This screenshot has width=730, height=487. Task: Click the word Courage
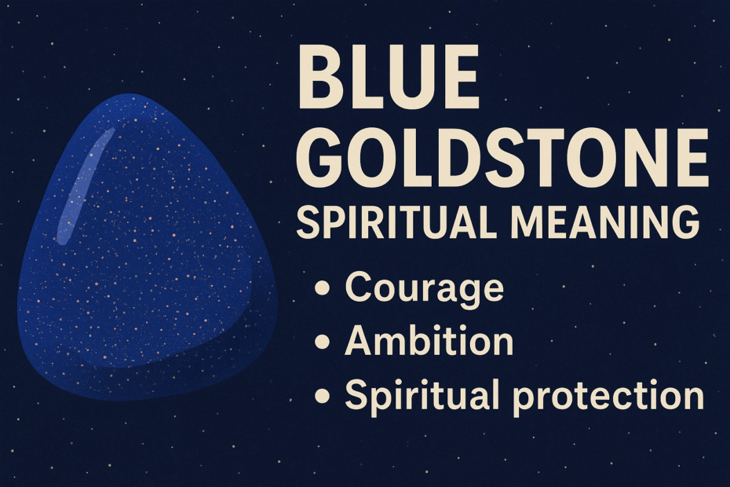[x=424, y=288]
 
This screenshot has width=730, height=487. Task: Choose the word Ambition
[x=429, y=341]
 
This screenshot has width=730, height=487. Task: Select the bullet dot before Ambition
[x=321, y=343]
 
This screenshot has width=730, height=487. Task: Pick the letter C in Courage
[x=360, y=288]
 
